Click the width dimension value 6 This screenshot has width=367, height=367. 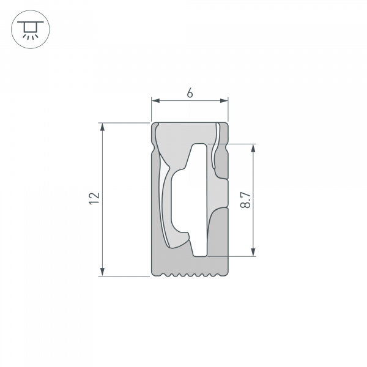pos(190,93)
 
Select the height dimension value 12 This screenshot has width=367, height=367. pos(94,198)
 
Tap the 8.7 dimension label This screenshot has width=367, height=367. pos(245,200)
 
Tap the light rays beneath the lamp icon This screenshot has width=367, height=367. pos(27,36)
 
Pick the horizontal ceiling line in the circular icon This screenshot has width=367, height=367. pos(27,21)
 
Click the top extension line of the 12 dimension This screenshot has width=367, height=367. pos(125,123)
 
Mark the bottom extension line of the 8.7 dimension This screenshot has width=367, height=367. pos(232,256)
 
